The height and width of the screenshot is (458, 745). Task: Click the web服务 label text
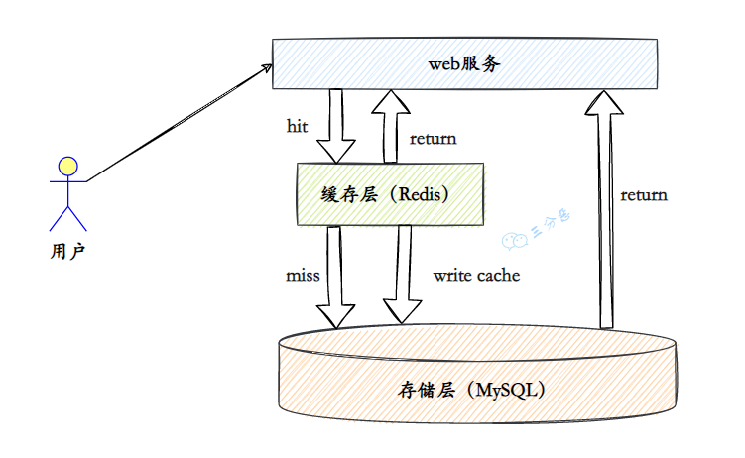pyautogui.click(x=464, y=63)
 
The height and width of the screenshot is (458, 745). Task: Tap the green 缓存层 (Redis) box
pyautogui.click(x=327, y=194)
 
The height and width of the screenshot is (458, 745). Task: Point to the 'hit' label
pyautogui.click(x=297, y=127)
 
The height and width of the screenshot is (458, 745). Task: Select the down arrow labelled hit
pyautogui.click(x=335, y=124)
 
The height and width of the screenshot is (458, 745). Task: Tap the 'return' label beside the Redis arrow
pyautogui.click(x=433, y=139)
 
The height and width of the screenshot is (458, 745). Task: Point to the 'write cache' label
pyautogui.click(x=476, y=275)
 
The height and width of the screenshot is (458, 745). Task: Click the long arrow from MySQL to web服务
pyautogui.click(x=607, y=208)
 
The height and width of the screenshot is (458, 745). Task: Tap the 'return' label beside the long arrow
pyautogui.click(x=644, y=194)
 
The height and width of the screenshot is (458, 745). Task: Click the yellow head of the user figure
pyautogui.click(x=67, y=166)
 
